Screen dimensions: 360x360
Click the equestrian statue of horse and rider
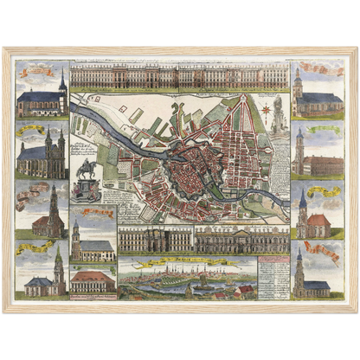(x=87, y=169)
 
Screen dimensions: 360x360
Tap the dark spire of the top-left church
(x=62, y=82)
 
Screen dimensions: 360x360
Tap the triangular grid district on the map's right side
(x=242, y=138)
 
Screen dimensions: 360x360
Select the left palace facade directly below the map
(x=156, y=240)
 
